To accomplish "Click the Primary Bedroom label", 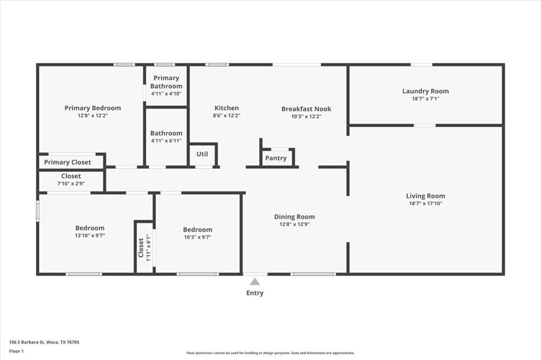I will tap(92, 108).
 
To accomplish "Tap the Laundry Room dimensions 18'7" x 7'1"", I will tap(425, 99).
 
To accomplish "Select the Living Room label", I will tap(425, 196).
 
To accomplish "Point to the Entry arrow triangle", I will tap(255, 281).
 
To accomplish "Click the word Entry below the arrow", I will tap(255, 293).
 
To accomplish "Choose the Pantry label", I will tap(276, 158).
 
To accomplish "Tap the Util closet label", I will tap(202, 154).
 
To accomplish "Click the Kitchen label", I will tap(226, 108).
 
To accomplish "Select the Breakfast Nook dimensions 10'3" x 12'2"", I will tap(306, 116).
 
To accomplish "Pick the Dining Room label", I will tap(294, 216).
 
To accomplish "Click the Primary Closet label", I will tap(67, 162).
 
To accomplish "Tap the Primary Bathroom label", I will tap(166, 82).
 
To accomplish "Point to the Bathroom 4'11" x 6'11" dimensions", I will tap(166, 141).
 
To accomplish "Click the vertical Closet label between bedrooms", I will tap(141, 247).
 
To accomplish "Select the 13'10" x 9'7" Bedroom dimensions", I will tap(90, 236).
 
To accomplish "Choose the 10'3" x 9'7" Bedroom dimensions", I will tap(198, 237).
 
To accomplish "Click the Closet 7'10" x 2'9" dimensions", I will tap(71, 184).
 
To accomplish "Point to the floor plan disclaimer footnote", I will tap(270, 353).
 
